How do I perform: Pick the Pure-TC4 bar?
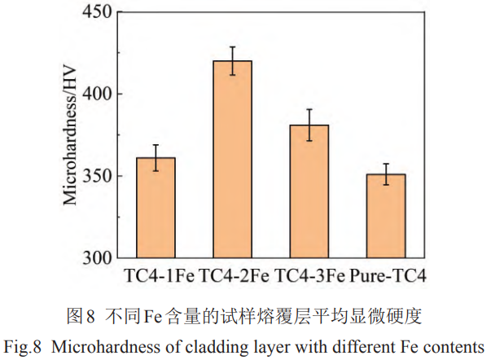pos(388,216)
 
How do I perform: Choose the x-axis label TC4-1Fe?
pos(158,275)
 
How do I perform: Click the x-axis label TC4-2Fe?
pos(234,275)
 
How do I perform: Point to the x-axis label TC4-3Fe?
pos(310,275)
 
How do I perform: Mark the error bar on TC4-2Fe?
pos(233,60)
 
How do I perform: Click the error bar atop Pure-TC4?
pos(388,173)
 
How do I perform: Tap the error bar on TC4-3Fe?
pos(310,125)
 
